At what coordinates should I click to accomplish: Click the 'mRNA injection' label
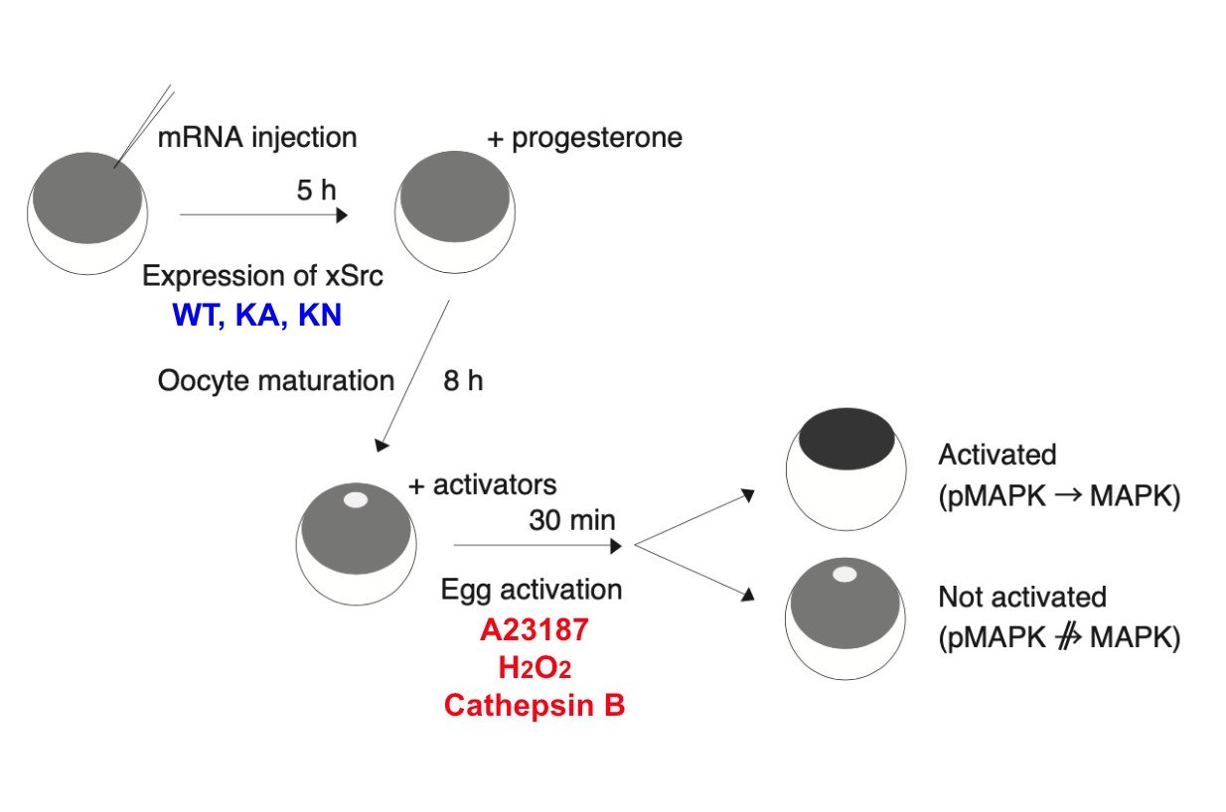[256, 137]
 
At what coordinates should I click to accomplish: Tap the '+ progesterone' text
[584, 138]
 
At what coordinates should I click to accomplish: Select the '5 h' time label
[317, 190]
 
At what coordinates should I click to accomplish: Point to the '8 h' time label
[463, 381]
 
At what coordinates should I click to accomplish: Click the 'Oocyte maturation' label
[275, 381]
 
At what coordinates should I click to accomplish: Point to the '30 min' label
[572, 519]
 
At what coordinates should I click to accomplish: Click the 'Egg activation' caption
[532, 590]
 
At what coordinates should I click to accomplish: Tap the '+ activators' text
[482, 485]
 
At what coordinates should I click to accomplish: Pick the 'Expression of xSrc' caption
[262, 276]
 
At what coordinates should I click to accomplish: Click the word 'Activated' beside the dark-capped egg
[996, 456]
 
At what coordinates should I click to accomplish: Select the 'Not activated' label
[1021, 598]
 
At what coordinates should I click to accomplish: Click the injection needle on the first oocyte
[144, 126]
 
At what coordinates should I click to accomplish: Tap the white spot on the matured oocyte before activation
[356, 500]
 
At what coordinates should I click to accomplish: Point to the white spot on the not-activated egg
[844, 574]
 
